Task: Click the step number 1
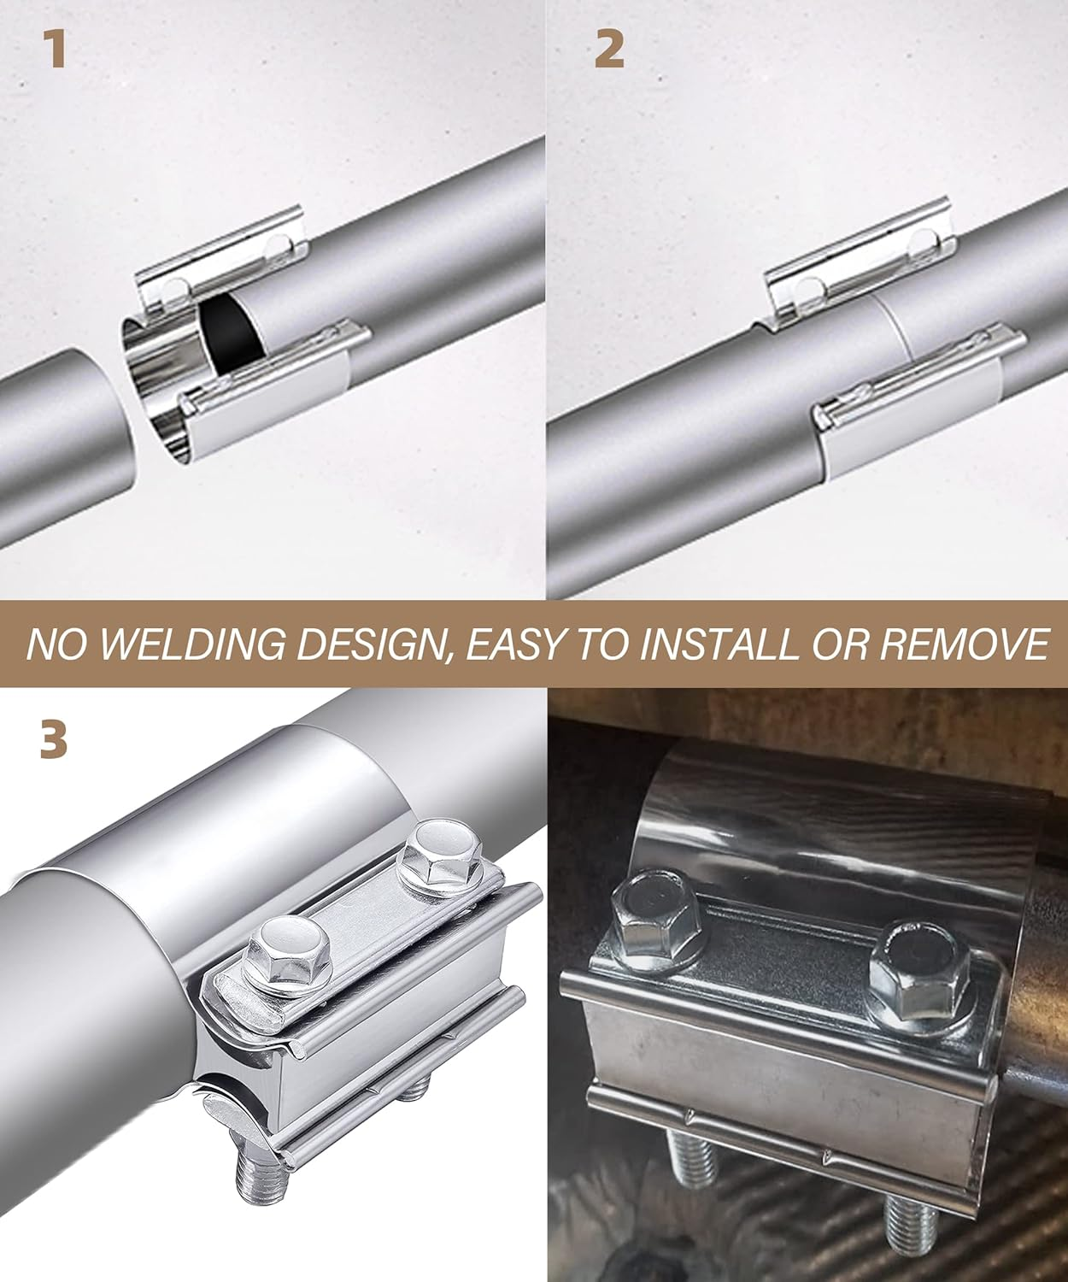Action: (x=56, y=49)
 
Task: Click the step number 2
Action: (x=609, y=49)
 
